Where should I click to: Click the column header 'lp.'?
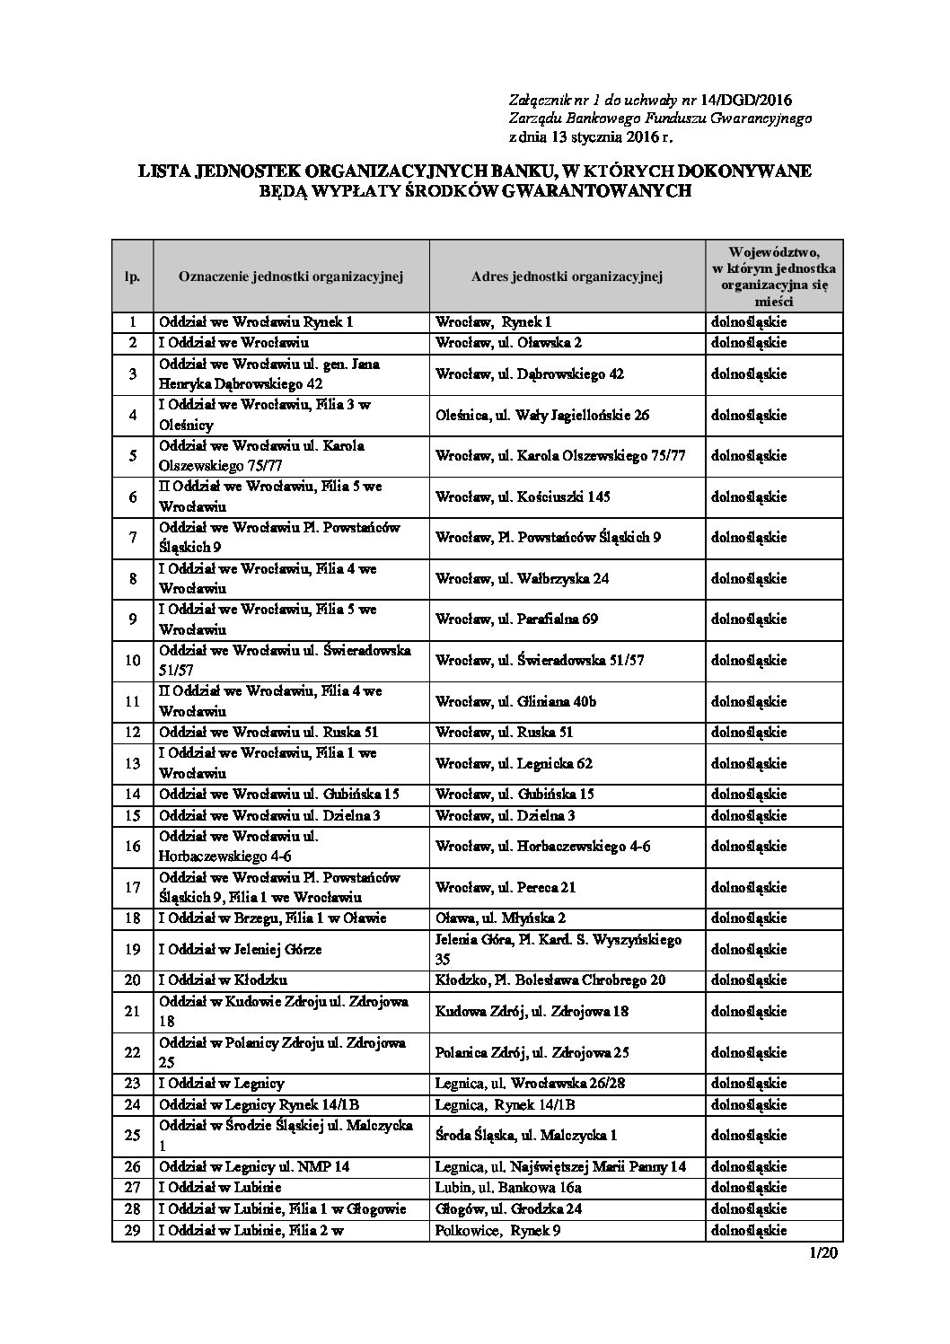point(132,277)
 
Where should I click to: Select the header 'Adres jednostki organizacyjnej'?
point(567,277)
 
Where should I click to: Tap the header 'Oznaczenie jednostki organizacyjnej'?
point(291,277)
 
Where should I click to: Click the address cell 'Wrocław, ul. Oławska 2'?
point(508,343)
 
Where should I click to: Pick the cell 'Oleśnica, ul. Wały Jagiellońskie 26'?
point(542,416)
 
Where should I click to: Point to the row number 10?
point(132,661)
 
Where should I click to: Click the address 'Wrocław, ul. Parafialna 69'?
point(516,619)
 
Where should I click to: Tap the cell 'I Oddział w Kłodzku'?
point(224,980)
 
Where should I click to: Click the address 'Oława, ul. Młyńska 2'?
point(500,918)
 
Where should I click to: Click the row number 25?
point(132,1136)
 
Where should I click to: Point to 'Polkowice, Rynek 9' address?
point(497,1231)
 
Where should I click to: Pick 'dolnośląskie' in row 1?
point(749,321)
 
